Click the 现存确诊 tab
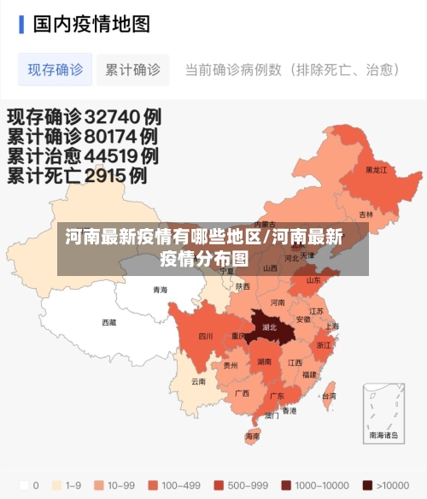click(x=55, y=70)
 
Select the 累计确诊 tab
click(x=132, y=70)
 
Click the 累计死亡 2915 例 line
click(x=77, y=176)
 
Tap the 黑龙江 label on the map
click(x=376, y=170)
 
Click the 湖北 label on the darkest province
click(x=270, y=327)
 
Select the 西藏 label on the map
click(x=109, y=322)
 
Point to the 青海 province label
click(x=160, y=290)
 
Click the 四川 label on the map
click(x=206, y=336)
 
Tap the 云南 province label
click(x=198, y=381)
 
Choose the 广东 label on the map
click(x=277, y=396)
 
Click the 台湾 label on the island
click(x=328, y=396)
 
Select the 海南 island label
click(x=253, y=436)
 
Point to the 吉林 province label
click(x=366, y=214)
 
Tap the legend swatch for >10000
click(x=367, y=484)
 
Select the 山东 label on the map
click(x=313, y=279)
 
